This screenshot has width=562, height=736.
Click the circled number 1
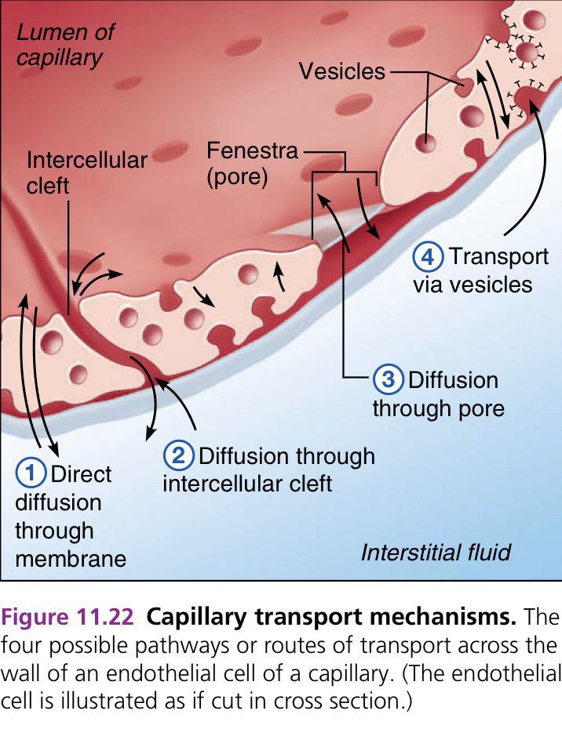[x=31, y=474]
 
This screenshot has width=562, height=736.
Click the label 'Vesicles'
[x=342, y=71]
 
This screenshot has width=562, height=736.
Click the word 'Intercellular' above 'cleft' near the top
[x=87, y=161]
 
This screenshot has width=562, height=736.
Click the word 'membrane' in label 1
[x=71, y=558]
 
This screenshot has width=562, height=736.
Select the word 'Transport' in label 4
[x=498, y=256]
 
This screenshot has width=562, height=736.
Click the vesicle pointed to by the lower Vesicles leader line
[x=426, y=143]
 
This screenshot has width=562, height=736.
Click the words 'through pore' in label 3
[x=438, y=408]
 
